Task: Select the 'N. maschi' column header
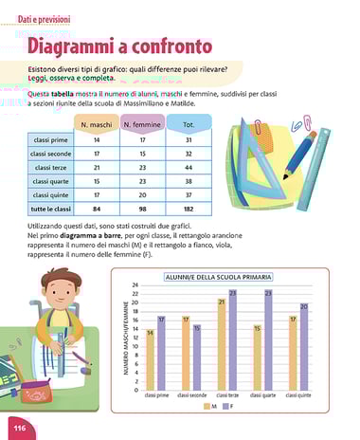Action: (97, 125)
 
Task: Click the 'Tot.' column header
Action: (189, 125)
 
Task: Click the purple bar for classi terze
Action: (232, 340)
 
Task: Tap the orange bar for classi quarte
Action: (258, 357)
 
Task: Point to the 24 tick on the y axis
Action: (135, 285)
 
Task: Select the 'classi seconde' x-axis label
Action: (190, 395)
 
